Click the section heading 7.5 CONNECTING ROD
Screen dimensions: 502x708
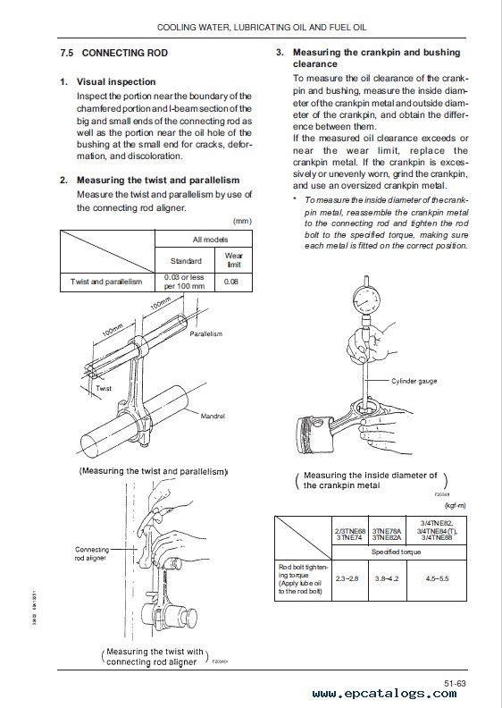113,53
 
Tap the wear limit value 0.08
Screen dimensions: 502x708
231,282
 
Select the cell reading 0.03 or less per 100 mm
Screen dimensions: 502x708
185,282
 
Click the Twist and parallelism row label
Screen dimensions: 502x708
106,282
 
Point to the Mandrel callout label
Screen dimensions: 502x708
213,416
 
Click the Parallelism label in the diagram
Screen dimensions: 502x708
206,333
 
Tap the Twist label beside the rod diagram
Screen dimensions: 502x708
104,388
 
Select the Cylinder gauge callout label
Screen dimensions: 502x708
414,381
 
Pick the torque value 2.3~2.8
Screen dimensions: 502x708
347,578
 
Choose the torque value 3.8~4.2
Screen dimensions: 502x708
387,578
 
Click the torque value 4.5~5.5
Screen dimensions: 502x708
437,578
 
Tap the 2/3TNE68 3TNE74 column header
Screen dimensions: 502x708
350,535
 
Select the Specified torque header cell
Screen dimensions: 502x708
396,552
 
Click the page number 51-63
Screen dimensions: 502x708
455,684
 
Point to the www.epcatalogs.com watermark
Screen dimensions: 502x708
384,694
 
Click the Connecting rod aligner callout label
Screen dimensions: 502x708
92,553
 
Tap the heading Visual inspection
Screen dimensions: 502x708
116,81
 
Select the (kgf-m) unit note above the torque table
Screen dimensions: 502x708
455,506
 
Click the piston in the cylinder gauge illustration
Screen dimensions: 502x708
312,434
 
